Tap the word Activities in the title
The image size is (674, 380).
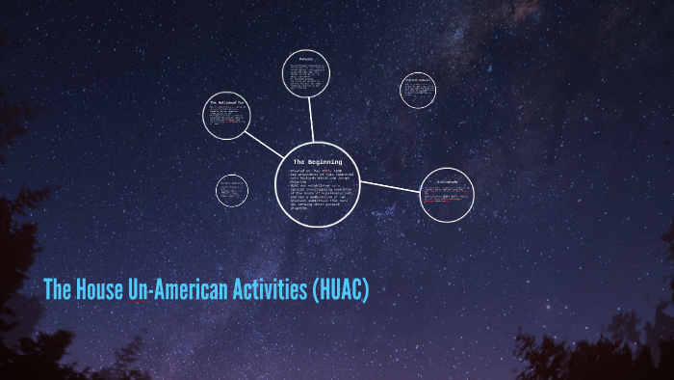260,289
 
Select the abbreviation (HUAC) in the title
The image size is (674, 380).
340,289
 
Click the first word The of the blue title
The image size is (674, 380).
56,289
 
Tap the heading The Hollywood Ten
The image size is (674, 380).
227,100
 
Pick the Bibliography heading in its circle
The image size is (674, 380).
448,180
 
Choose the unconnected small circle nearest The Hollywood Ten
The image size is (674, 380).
232,189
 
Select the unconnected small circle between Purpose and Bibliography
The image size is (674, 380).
418,90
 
